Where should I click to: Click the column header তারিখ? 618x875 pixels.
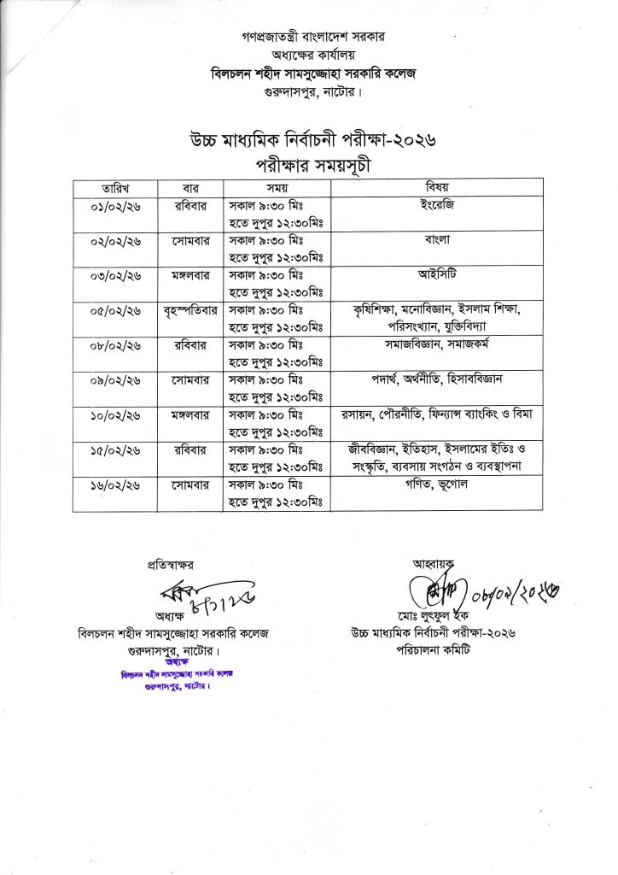(114, 187)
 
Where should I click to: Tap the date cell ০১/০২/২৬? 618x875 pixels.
(114, 207)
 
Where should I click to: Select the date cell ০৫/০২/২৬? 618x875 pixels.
(114, 310)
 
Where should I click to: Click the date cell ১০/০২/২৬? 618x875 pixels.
(114, 415)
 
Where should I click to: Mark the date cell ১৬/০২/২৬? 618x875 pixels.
(114, 484)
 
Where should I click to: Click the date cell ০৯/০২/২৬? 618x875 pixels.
(114, 379)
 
